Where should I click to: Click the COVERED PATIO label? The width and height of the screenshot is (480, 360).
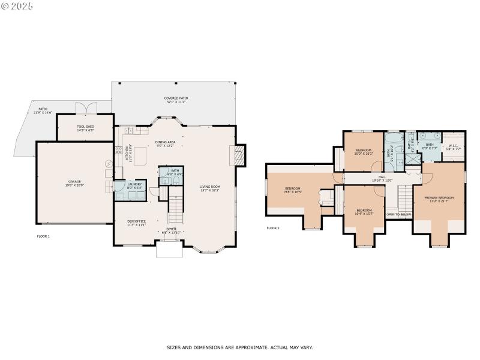176,100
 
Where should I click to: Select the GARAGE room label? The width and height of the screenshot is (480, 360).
74,182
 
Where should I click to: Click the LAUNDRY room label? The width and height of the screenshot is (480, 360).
134,186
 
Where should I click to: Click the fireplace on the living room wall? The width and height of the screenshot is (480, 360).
239,155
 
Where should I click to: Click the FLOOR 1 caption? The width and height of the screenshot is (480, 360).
43,236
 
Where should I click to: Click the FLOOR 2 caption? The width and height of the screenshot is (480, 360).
273,228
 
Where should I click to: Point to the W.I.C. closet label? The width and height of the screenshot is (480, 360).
453,148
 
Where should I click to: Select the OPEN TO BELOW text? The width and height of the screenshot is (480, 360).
398,214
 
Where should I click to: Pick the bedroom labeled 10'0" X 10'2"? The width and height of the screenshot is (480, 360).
364,152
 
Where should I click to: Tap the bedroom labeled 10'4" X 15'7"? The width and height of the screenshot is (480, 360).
364,212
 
